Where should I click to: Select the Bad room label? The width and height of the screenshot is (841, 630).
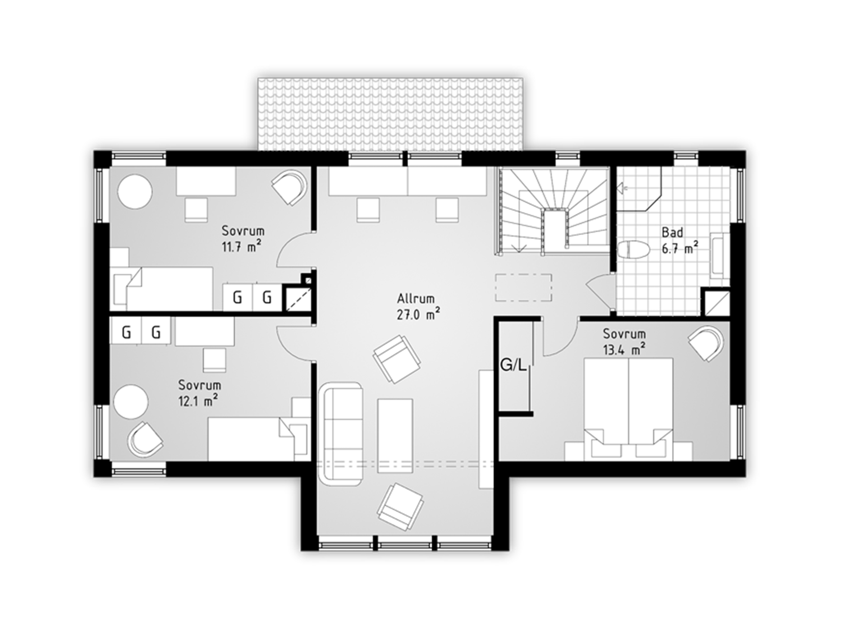click(672, 232)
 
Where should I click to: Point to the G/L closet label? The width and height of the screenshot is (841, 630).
click(514, 365)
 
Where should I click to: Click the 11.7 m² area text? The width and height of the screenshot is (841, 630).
click(241, 246)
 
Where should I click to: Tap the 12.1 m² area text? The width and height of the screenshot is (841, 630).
click(199, 400)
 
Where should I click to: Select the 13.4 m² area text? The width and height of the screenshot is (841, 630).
click(624, 349)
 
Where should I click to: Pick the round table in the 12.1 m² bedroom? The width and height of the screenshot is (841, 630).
click(131, 402)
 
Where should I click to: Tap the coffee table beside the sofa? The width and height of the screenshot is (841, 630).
click(395, 436)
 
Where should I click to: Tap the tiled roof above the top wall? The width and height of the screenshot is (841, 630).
click(390, 115)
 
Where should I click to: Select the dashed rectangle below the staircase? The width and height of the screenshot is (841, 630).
click(524, 287)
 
